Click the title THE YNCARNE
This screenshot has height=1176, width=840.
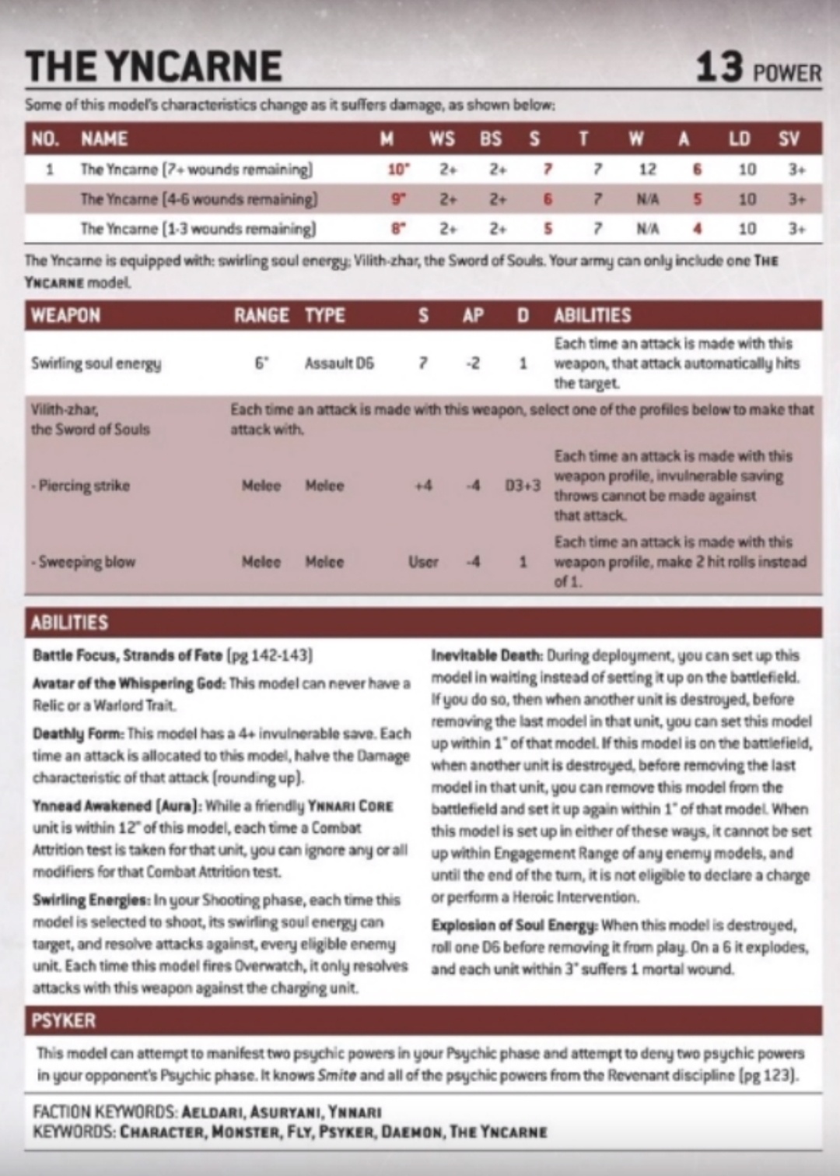pyautogui.click(x=153, y=66)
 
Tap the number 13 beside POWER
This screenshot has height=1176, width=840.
pyautogui.click(x=719, y=67)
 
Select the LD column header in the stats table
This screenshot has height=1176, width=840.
pyautogui.click(x=739, y=139)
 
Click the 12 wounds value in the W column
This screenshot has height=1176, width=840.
pyautogui.click(x=647, y=170)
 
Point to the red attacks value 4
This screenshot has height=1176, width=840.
pyautogui.click(x=697, y=229)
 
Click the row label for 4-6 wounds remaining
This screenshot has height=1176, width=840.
pyautogui.click(x=198, y=199)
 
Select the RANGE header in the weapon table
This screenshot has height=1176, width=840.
pyautogui.click(x=261, y=315)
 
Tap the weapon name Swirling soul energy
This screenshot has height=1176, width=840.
pyautogui.click(x=96, y=363)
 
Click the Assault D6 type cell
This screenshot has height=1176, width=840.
pyautogui.click(x=339, y=363)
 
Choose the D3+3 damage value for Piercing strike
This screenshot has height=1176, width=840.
pyautogui.click(x=523, y=486)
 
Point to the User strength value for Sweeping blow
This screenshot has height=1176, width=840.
pyautogui.click(x=423, y=562)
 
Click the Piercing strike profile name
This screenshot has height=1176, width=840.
pyautogui.click(x=82, y=486)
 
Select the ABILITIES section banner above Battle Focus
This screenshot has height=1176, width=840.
pyautogui.click(x=69, y=623)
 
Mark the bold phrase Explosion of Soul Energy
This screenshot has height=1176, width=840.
pyautogui.click(x=514, y=925)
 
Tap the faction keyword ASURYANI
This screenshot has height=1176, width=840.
pyautogui.click(x=281, y=1112)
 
